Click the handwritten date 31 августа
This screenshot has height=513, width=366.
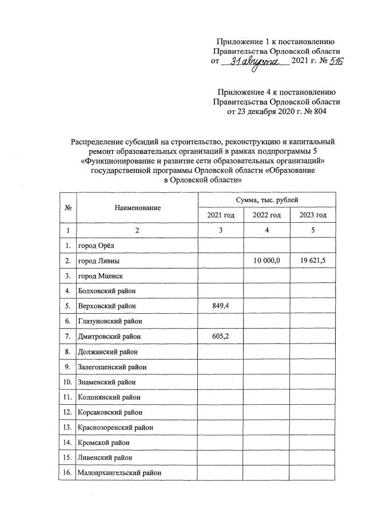tap(256, 61)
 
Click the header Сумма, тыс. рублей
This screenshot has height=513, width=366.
tap(267, 200)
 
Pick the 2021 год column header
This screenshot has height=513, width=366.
tap(220, 215)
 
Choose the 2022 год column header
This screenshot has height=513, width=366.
tap(266, 215)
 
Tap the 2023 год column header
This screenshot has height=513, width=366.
tap(313, 215)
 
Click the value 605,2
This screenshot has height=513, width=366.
tap(220, 336)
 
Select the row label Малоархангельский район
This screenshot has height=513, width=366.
tap(120, 473)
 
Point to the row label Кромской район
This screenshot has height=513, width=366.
tap(104, 443)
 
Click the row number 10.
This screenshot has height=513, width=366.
tap(67, 382)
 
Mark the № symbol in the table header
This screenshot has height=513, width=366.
tap(67, 208)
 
